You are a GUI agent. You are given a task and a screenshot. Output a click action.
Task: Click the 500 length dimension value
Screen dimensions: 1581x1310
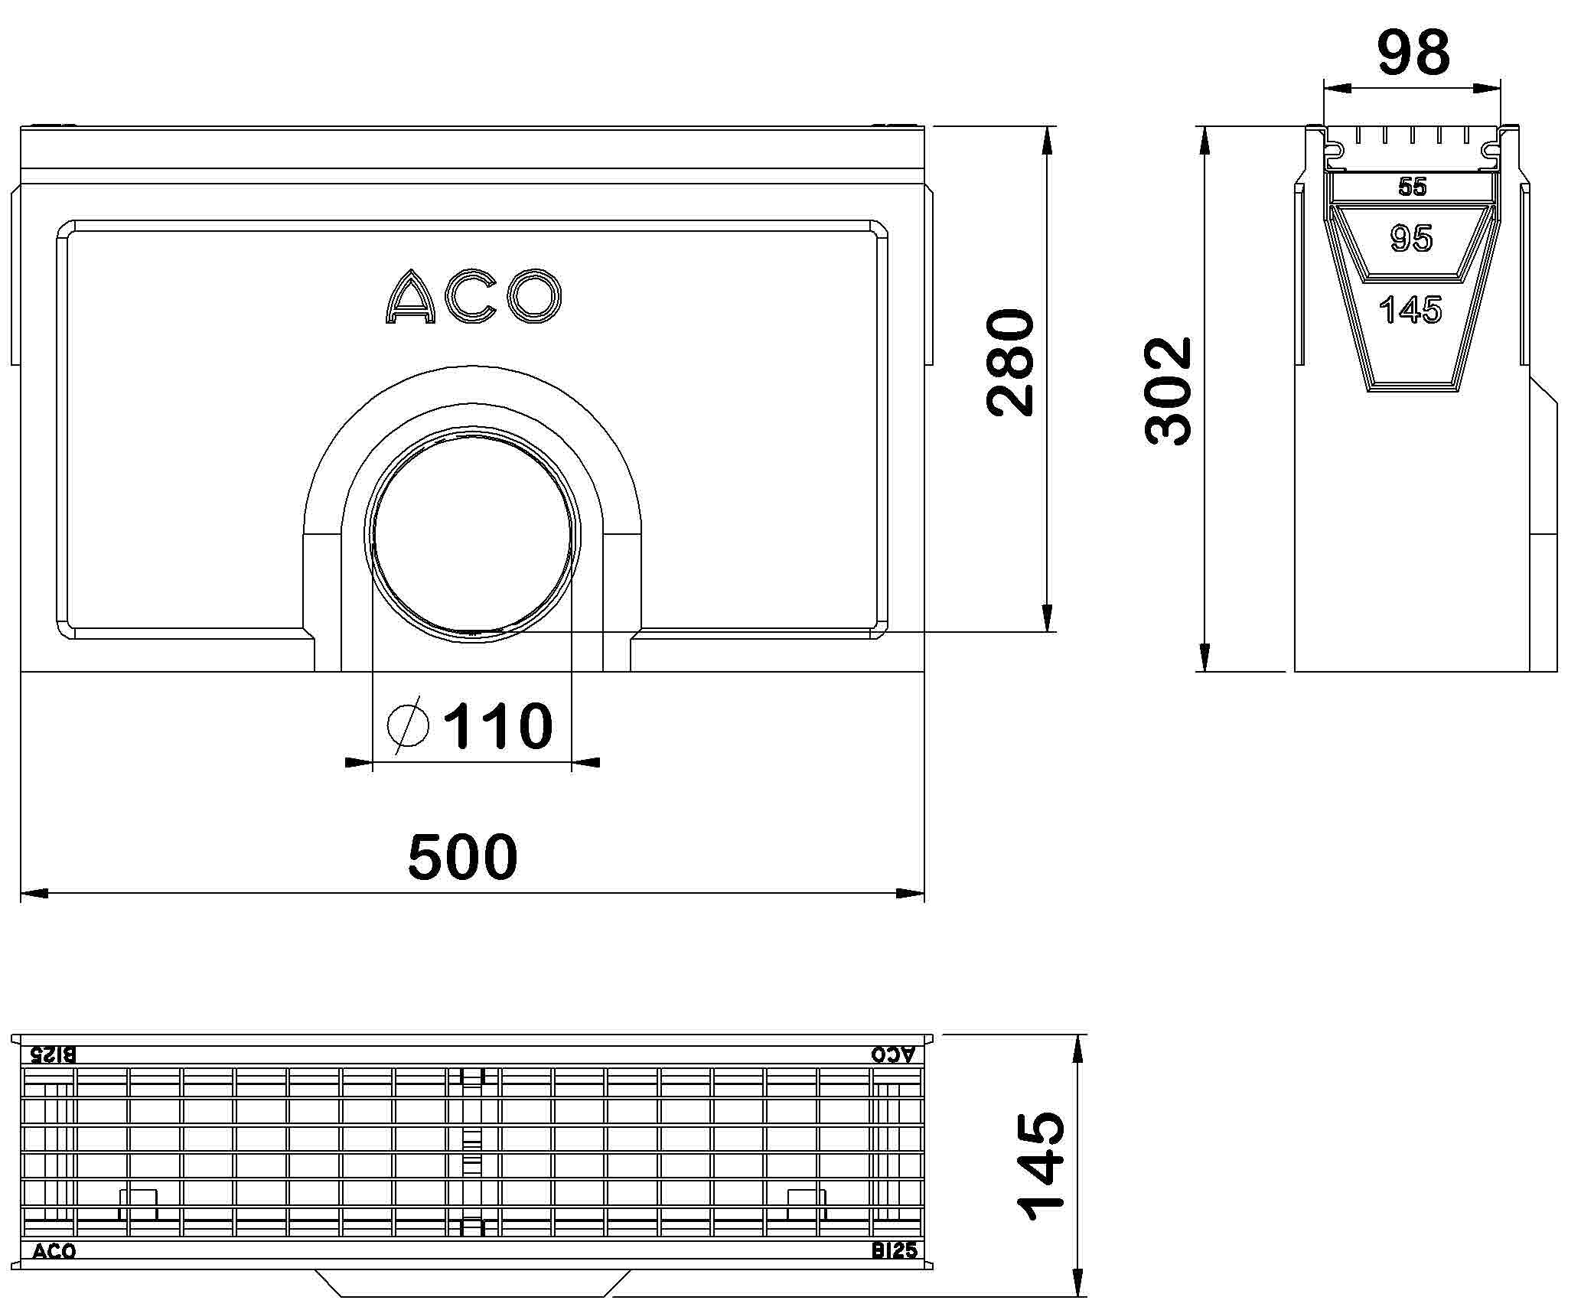click(x=462, y=856)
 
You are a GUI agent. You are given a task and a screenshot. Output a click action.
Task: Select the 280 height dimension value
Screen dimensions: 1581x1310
click(x=1011, y=363)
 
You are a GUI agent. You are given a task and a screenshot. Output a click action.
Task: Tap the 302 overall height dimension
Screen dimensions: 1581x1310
click(x=1169, y=391)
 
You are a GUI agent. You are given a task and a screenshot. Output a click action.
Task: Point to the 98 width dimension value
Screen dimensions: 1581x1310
click(x=1413, y=53)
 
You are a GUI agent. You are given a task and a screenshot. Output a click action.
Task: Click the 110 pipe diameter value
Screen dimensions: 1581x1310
click(x=498, y=725)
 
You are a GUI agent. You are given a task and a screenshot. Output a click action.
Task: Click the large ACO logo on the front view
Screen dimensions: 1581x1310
click(x=473, y=296)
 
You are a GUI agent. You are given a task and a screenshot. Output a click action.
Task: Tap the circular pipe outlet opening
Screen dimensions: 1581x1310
click(x=473, y=534)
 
